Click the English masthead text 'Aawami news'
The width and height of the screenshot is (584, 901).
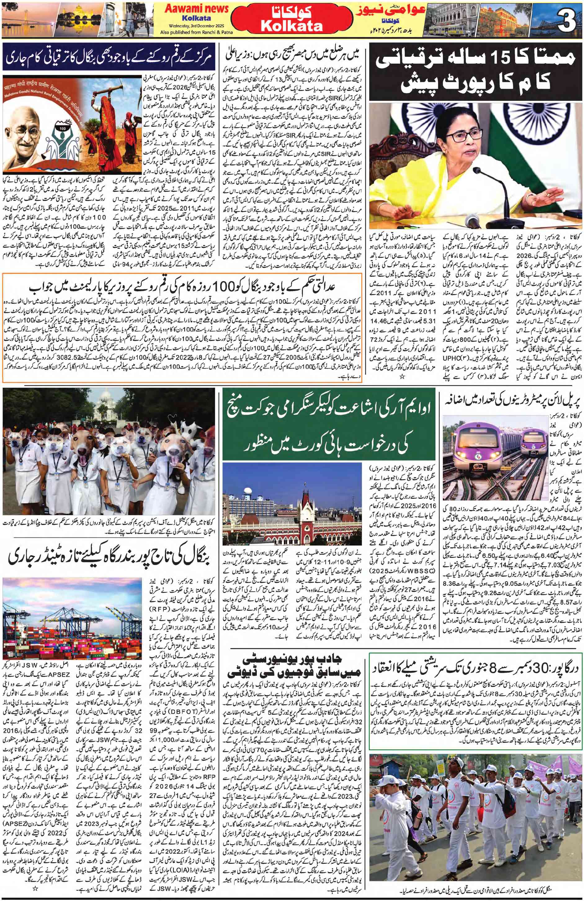pos(196,9)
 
